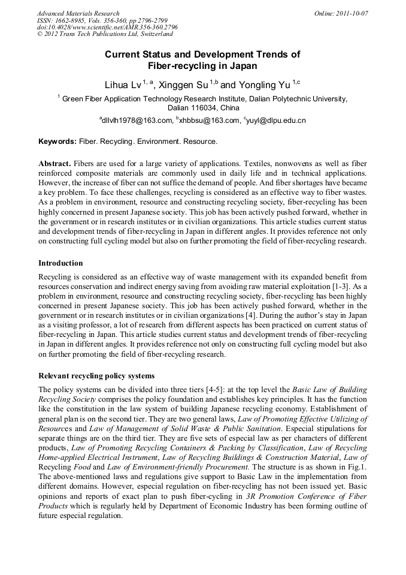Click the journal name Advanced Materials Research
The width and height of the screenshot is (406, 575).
click(78, 13)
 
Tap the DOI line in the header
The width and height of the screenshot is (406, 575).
click(107, 28)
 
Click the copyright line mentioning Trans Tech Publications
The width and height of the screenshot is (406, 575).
click(105, 35)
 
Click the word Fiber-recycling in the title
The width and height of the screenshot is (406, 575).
click(177, 66)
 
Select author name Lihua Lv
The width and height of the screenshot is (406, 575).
click(123, 86)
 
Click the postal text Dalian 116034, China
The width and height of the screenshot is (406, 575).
click(203, 108)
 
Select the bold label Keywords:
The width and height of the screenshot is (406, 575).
click(57, 142)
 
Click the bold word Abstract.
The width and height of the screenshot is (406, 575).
click(54, 164)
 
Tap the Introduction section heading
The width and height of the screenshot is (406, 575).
click(60, 263)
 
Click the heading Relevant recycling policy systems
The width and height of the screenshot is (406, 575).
click(96, 376)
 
